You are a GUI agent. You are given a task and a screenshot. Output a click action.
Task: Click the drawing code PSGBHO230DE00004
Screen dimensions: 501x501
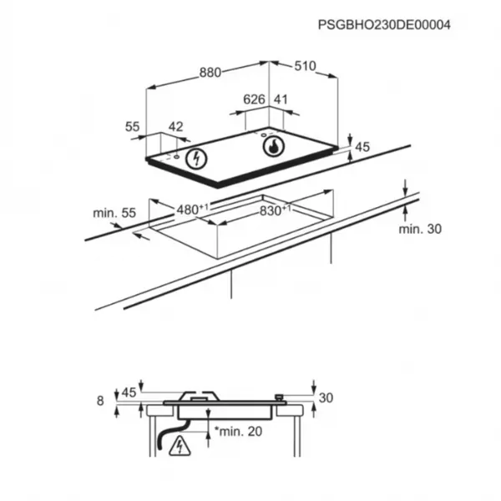pos(384,25)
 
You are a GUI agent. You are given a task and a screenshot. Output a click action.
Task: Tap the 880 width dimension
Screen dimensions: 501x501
pos(210,73)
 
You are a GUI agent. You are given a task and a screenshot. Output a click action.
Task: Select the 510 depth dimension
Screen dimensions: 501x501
pos(305,66)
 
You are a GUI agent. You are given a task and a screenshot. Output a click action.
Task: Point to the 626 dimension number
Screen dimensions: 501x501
pos(254,99)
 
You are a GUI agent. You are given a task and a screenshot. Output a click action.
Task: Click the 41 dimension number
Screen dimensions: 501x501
pos(281,99)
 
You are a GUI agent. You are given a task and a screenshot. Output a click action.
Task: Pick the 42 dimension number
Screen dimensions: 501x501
pos(175,127)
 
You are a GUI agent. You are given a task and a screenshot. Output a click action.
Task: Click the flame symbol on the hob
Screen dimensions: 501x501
pos(274,146)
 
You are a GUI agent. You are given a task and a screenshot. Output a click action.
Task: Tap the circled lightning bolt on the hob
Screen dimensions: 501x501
pos(196,159)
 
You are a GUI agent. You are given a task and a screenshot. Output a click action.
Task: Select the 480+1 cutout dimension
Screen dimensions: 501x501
pos(192,210)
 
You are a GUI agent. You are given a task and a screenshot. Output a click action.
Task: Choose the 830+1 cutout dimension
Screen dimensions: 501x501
pos(275,210)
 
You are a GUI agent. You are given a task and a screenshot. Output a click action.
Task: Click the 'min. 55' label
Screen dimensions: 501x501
pos(114,213)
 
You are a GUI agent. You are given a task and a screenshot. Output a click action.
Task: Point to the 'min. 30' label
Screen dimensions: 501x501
pos(420,229)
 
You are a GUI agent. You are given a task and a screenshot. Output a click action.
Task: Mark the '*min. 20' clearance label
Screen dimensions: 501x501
pos(238,432)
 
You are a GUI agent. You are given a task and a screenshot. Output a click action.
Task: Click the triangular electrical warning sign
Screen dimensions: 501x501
pos(180,446)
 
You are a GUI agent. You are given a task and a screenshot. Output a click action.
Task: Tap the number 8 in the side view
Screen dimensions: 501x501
pos(100,401)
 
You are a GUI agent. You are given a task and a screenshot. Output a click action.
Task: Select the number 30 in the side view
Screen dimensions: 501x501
pos(326,397)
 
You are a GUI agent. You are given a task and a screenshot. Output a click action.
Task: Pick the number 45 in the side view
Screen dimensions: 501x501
pos(129,392)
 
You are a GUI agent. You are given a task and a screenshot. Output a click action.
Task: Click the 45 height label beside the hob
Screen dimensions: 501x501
pos(362,147)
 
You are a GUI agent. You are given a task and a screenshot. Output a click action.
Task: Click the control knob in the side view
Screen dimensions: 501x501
pos(280,397)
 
